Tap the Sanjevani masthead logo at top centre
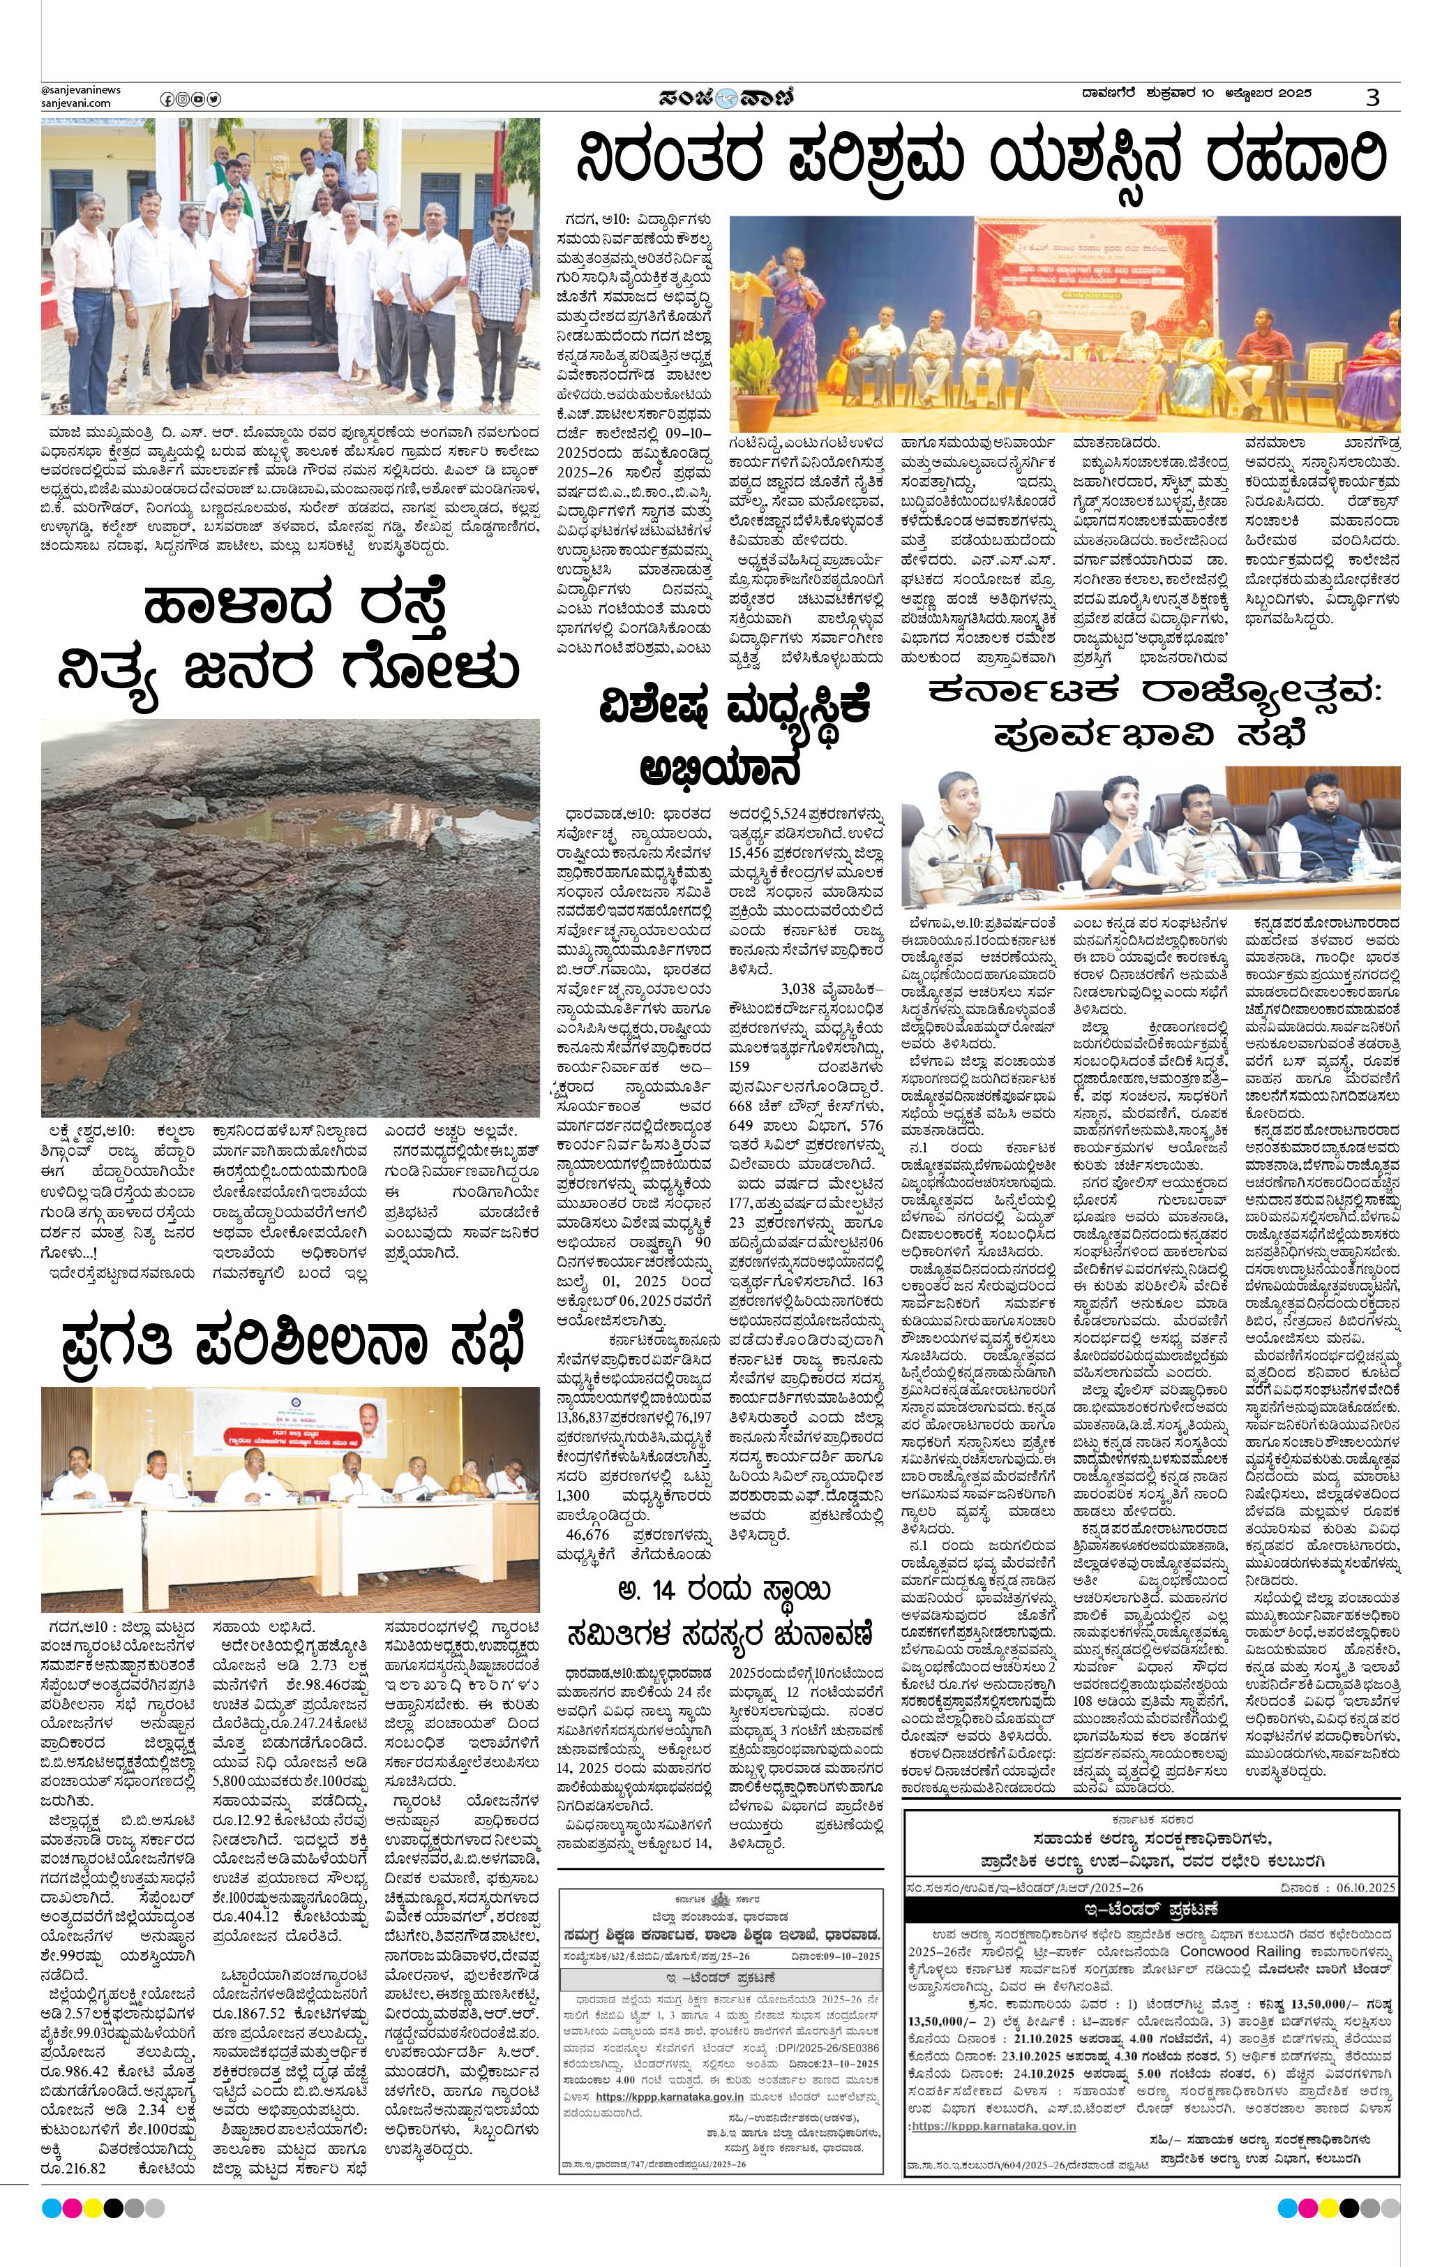pos(727,97)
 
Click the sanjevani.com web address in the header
pos(75,103)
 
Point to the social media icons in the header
pos(190,99)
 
